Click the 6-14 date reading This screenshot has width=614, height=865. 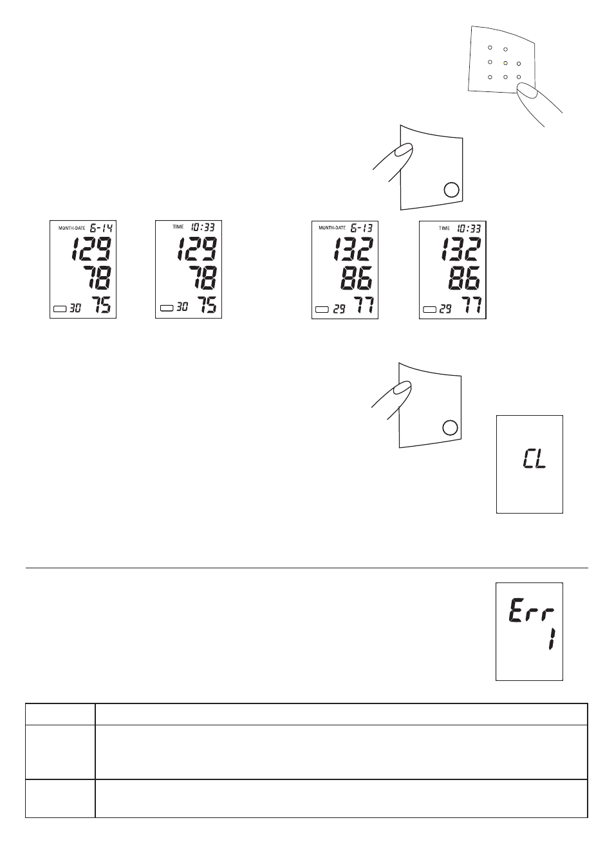point(101,228)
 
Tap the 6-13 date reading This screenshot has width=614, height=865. point(362,228)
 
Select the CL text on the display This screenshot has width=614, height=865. point(535,460)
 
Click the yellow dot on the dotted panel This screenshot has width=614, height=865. point(505,63)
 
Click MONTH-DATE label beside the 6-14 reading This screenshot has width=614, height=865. point(72,228)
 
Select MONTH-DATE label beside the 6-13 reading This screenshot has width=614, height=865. point(332,228)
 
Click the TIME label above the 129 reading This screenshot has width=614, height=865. point(178,227)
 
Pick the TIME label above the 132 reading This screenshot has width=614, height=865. point(444,228)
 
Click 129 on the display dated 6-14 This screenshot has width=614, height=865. point(91,249)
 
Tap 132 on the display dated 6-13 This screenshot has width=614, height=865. point(353,249)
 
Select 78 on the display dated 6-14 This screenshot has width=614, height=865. point(97,277)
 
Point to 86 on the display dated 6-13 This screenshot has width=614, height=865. point(357,278)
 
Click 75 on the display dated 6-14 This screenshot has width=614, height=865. point(101,304)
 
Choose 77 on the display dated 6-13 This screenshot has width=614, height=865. point(364,305)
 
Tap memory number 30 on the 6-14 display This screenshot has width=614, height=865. point(75,308)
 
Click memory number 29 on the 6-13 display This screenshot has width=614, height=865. point(339,309)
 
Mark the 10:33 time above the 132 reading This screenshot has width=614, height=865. point(469,228)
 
